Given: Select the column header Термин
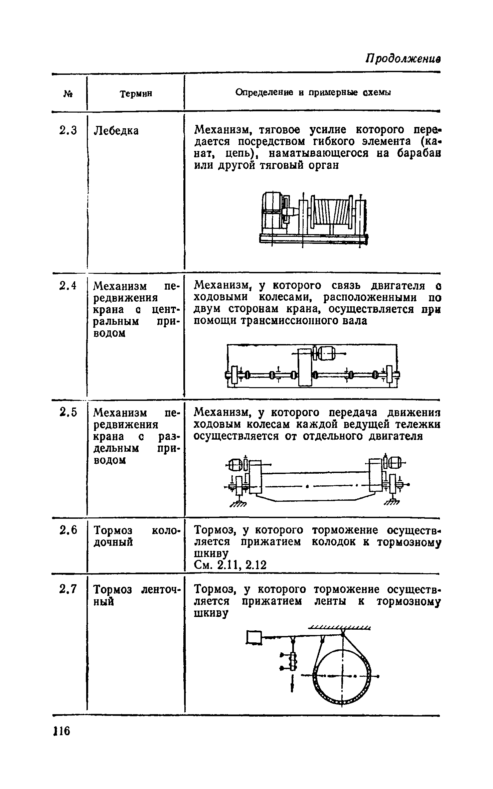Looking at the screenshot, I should point(136,94).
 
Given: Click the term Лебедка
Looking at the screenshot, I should point(116,131).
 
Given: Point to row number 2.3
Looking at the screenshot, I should point(68,130).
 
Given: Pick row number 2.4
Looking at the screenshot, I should point(68,286).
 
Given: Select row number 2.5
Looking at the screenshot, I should point(68,413).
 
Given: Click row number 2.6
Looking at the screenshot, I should point(68,530).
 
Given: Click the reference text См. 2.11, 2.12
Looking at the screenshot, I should point(230,565).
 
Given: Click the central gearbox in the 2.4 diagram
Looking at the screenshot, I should point(304,367).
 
